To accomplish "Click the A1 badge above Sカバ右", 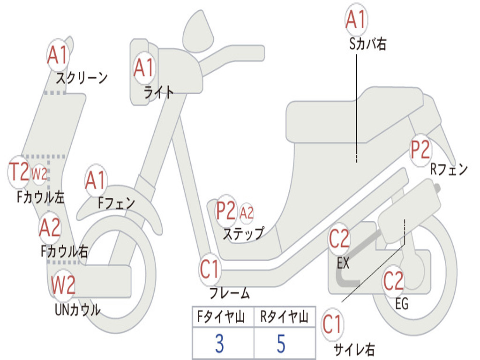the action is [x=355, y=20].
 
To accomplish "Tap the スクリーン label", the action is [x=82, y=77].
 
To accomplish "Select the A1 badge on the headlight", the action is [x=143, y=68].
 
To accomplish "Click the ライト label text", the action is [x=158, y=92].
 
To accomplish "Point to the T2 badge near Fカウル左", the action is [x=19, y=172].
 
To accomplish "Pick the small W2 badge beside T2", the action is [x=39, y=174].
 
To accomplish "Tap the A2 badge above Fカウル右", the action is [x=50, y=228].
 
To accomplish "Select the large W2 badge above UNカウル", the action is [x=63, y=285].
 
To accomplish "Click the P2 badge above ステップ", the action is [x=226, y=211].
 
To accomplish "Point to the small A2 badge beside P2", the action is [x=247, y=213].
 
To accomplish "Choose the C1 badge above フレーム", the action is [x=210, y=270].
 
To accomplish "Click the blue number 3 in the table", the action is [x=219, y=344].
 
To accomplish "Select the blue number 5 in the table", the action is [x=281, y=344].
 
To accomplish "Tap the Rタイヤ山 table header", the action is [x=285, y=318].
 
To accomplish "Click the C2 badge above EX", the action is [x=339, y=240].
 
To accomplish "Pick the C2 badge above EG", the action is [x=393, y=281].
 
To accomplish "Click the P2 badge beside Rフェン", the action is [x=420, y=150].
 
